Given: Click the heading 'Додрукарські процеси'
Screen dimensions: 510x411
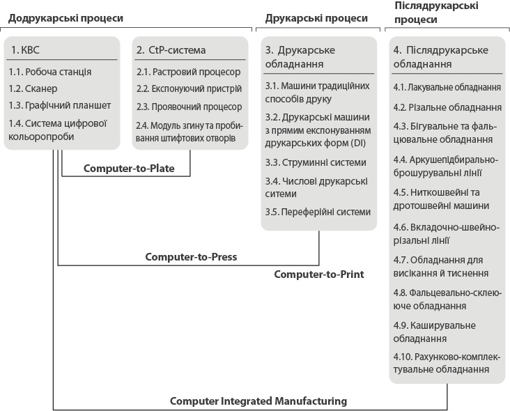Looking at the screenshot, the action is point(65,17).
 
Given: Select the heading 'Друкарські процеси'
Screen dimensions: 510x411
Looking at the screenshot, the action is point(316,17).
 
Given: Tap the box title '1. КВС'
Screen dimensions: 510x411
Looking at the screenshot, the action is point(26,49).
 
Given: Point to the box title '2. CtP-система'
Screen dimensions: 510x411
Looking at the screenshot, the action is point(171,49).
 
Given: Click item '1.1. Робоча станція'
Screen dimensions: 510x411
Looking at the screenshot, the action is point(49,71).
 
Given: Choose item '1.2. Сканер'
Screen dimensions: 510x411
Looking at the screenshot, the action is point(33,88).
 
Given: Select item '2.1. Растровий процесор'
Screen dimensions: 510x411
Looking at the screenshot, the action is point(188,72).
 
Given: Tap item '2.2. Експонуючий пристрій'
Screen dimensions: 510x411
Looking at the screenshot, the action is point(189,88).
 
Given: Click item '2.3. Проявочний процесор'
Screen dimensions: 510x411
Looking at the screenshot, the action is point(189,107).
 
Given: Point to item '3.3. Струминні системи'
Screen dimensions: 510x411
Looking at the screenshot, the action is point(315,162).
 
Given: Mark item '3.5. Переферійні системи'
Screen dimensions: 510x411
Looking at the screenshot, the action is point(318,212).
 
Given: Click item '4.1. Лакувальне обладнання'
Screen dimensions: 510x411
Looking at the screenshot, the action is point(447,87).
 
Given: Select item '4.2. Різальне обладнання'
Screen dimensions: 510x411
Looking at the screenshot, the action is point(447,107).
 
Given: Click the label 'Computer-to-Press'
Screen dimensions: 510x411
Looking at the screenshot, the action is point(191,256).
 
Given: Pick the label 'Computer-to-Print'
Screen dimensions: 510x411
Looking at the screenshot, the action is point(319,274).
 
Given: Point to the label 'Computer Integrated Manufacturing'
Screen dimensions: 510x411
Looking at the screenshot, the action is point(258,401).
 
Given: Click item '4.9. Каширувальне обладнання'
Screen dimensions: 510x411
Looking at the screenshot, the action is point(434,332).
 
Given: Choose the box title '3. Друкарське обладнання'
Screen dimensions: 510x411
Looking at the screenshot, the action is point(300,56).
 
